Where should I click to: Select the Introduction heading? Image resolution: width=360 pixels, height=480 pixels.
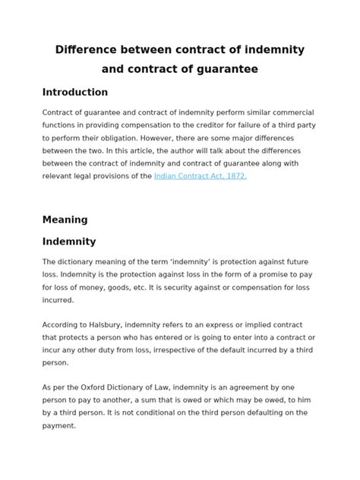(74, 92)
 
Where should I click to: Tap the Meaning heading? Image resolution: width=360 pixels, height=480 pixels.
(65, 219)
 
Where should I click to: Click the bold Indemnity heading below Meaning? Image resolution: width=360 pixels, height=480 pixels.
(69, 242)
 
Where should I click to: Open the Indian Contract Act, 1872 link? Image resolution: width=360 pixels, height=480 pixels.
(201, 175)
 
